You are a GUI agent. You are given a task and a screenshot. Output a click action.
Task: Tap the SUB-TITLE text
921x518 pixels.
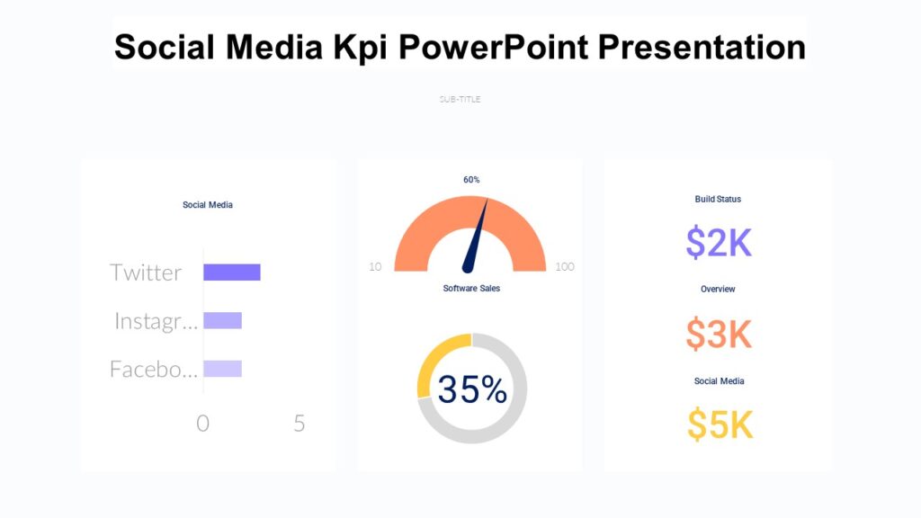[x=460, y=99]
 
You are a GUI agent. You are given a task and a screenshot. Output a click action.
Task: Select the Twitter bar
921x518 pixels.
[x=231, y=272]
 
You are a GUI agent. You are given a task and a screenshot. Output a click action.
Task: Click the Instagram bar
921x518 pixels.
[x=222, y=320]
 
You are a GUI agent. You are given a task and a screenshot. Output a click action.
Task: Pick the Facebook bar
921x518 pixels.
[x=222, y=369]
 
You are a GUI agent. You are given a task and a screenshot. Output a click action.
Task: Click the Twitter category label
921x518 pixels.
[x=146, y=272]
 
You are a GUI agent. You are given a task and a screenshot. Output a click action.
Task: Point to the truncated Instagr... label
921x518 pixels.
[x=156, y=321]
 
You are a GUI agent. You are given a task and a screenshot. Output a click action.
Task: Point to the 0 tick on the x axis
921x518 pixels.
[x=202, y=424]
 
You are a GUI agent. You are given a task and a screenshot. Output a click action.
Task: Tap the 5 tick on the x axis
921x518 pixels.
[x=300, y=424]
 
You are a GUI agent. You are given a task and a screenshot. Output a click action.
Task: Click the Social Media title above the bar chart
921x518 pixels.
[x=208, y=205]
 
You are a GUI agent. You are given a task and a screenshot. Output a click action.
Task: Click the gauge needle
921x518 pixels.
[x=476, y=239]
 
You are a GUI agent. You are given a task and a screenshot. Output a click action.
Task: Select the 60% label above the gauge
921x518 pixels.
[x=471, y=180]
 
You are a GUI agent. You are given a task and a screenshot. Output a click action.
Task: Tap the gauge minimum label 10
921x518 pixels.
[x=375, y=267]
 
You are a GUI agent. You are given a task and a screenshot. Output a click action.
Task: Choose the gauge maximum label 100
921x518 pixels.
[x=565, y=267]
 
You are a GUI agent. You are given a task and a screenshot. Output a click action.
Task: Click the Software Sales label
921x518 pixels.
[x=471, y=289]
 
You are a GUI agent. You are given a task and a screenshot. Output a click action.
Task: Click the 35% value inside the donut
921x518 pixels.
[x=472, y=389]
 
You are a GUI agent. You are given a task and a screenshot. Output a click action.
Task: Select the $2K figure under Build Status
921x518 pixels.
[x=718, y=243]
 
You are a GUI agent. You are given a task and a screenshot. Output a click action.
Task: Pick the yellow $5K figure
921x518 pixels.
[x=720, y=424]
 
